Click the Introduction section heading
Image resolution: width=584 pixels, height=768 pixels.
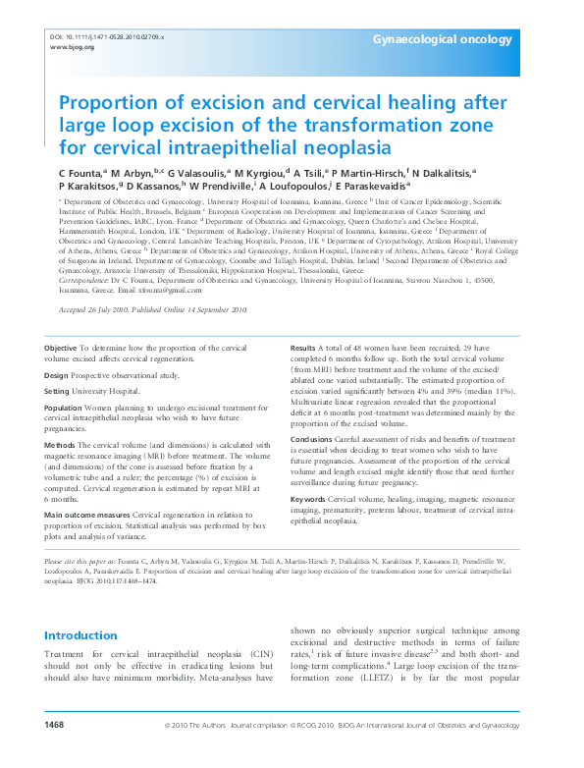pyautogui.click(x=81, y=635)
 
